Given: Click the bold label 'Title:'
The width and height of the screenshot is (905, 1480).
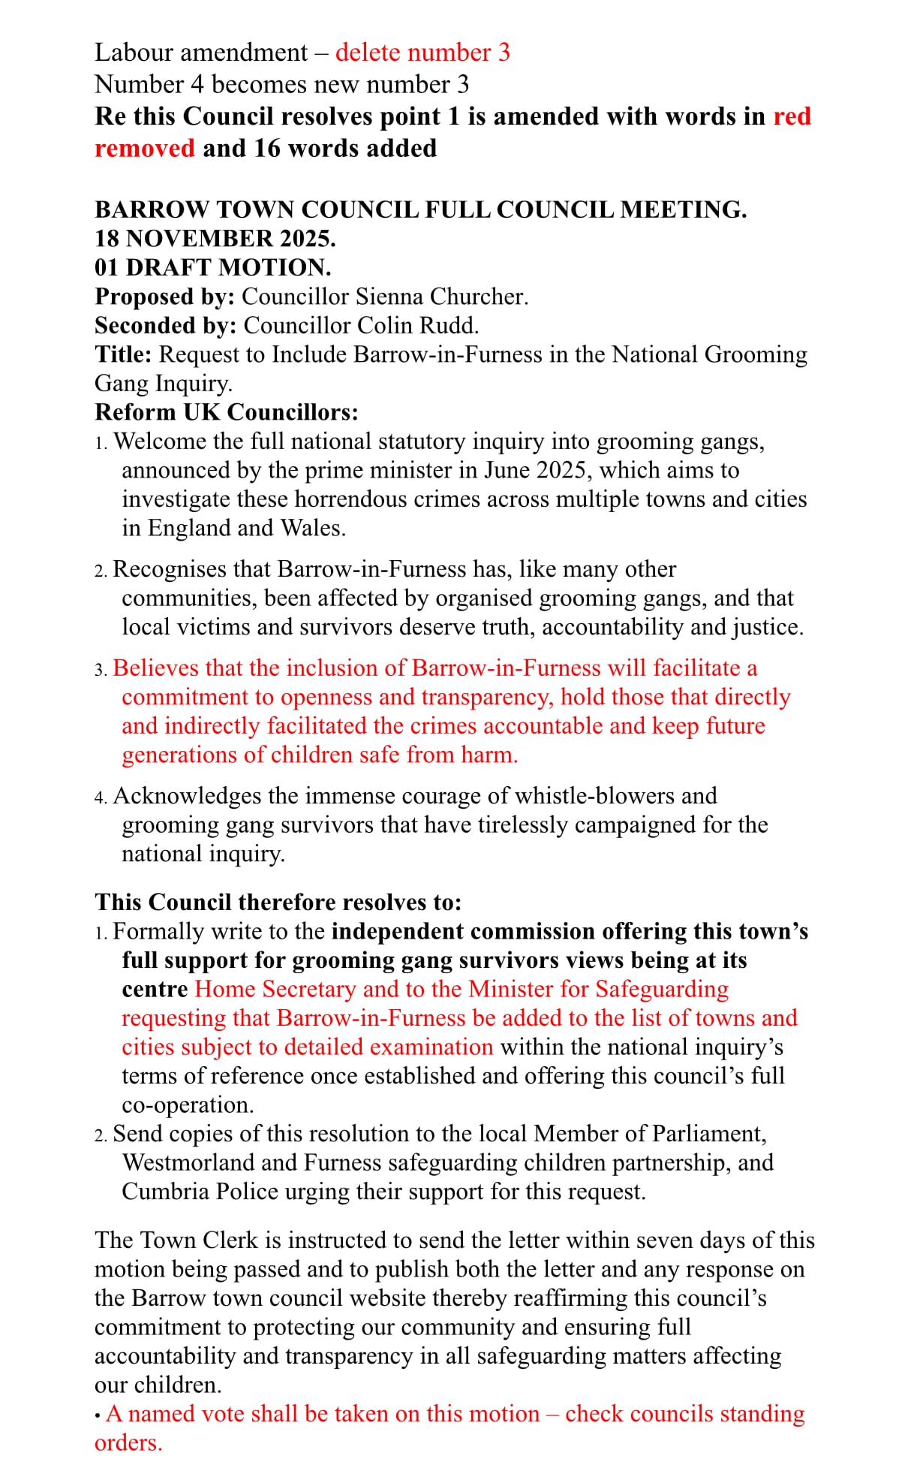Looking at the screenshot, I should point(123,354).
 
